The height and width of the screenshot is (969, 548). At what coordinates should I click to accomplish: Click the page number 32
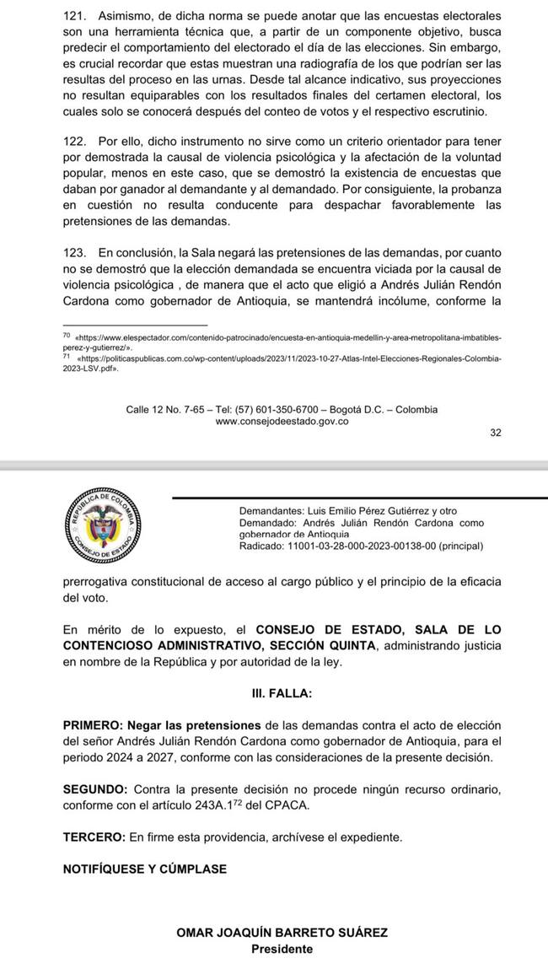495,433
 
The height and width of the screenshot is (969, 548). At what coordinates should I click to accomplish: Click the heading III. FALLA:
282,693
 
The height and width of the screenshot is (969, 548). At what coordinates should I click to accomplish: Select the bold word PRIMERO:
93,725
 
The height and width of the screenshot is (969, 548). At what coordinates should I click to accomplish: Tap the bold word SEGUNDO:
96,789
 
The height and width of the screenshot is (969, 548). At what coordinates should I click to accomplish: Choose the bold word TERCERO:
94,837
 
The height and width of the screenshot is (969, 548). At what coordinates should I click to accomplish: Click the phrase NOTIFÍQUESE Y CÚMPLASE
144,869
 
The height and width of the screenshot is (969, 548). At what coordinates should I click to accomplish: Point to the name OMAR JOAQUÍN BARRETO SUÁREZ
282,933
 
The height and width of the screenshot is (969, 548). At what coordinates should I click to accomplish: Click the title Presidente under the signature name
282,949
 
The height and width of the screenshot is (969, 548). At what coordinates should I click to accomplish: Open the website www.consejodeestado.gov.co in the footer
282,422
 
